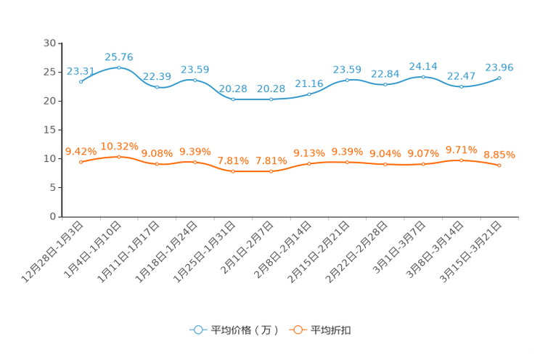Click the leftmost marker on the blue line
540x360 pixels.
pos(81,81)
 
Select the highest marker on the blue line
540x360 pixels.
pos(119,67)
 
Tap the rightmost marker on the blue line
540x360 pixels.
pos(499,77)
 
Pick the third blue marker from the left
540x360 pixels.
pos(157,86)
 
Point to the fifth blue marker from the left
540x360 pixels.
pos(233,99)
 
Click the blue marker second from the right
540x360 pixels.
pos(461,86)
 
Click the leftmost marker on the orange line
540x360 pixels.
pos(81,162)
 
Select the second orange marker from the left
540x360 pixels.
pos(119,156)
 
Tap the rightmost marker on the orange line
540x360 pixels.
pos(499,165)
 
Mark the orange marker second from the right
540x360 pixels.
pos(461,160)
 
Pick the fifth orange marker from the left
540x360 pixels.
pos(233,171)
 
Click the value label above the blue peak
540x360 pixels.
pos(119,57)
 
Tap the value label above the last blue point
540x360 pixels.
pos(499,67)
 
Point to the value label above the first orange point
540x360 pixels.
pos(80,151)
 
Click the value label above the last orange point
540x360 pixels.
pos(499,155)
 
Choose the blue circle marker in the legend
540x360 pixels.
pos(197,330)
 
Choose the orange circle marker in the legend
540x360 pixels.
pos(298,330)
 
